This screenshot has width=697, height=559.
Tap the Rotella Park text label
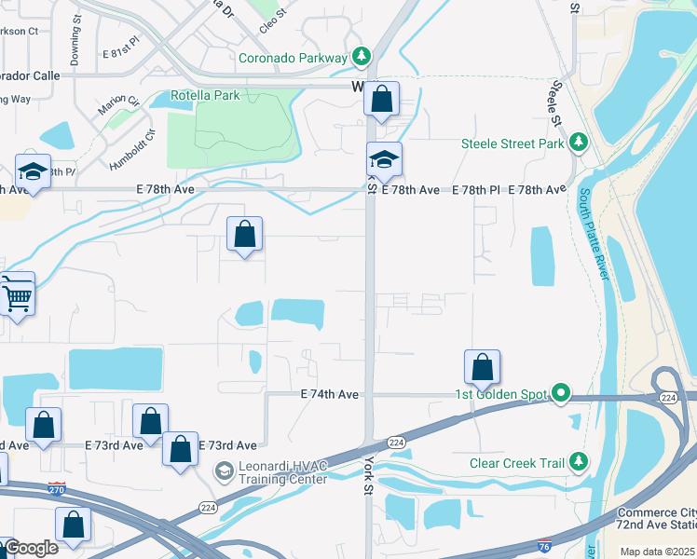206,95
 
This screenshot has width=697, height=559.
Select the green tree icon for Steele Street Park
580,143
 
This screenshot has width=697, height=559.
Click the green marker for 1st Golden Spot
560,394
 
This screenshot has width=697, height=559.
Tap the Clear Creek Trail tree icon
580,460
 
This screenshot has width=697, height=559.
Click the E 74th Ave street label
330,395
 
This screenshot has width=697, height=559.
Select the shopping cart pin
17,295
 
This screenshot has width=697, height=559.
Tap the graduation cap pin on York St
383,159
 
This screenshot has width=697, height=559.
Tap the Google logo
30,548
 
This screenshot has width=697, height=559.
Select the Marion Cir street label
119,106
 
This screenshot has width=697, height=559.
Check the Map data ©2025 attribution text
656,552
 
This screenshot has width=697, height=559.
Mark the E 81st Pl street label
121,42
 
